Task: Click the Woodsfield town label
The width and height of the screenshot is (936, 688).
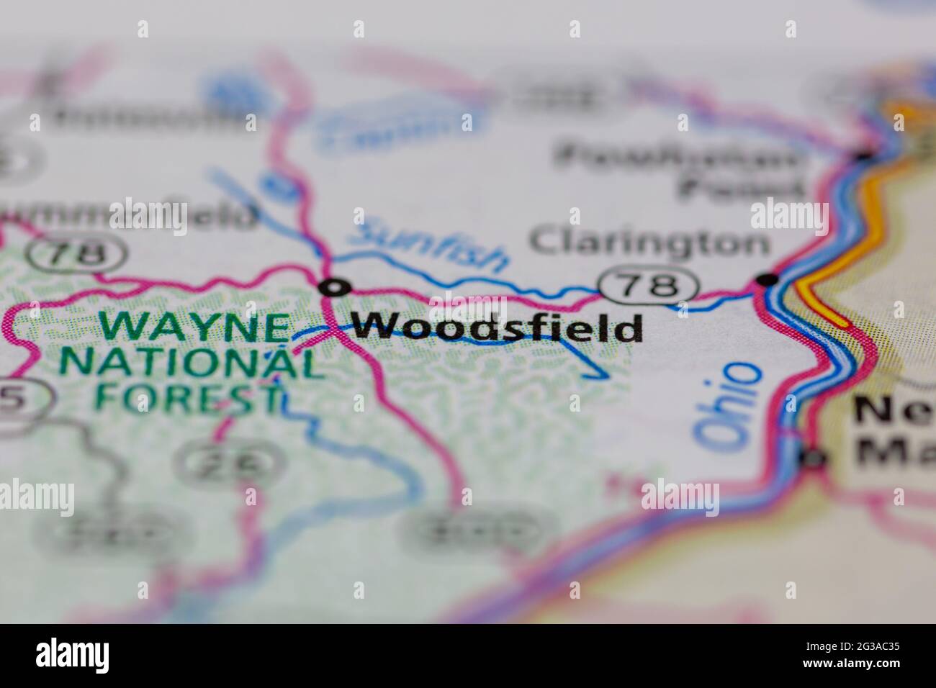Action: coord(498,328)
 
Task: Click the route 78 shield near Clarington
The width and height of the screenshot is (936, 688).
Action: coord(648,286)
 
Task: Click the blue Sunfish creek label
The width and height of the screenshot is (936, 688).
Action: coord(431,246)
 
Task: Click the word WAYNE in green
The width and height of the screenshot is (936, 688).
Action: coord(194,327)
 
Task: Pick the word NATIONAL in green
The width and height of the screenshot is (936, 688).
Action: coord(191,363)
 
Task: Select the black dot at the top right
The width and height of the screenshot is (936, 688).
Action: coord(865,153)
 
